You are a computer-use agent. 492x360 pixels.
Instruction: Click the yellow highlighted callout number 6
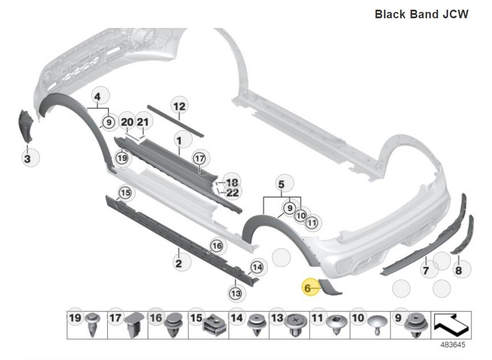[308, 289]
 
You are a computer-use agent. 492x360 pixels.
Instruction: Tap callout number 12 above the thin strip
[179, 106]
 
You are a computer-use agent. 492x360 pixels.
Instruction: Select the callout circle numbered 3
[27, 158]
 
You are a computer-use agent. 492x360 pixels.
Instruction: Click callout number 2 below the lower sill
[178, 263]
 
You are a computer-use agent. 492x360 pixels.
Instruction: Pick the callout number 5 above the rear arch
[280, 184]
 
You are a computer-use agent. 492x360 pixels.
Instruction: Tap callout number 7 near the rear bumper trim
[425, 270]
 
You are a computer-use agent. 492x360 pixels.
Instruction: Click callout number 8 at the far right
[459, 270]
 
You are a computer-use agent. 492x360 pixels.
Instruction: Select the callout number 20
[127, 123]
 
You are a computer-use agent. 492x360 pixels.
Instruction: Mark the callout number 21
[143, 123]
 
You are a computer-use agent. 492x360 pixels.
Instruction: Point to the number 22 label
[232, 193]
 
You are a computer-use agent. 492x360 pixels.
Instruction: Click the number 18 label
[232, 183]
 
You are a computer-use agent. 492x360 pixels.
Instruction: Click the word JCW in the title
[456, 14]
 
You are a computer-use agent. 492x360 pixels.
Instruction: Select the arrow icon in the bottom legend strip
[452, 325]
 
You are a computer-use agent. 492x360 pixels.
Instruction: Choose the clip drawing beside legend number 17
[132, 323]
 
